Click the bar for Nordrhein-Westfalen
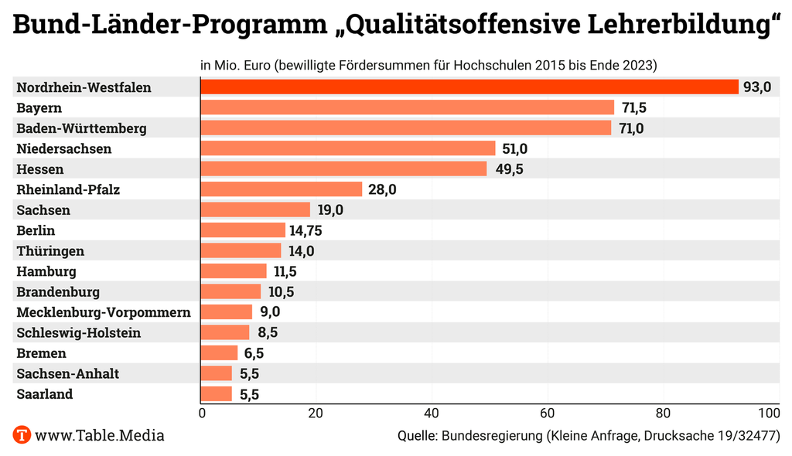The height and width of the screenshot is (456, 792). [x=469, y=87]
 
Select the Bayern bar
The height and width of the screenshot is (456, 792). [x=407, y=107]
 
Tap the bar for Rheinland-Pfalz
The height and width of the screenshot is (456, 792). [x=281, y=189]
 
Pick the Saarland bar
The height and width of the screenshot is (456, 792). [x=216, y=394]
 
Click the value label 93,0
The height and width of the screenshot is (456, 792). [x=757, y=87]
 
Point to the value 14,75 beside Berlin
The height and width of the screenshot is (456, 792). [x=307, y=230]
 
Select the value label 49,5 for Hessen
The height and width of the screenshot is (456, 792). [x=509, y=169]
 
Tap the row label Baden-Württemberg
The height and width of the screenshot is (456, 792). [x=81, y=128]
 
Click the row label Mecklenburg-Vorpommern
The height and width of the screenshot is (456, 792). [x=104, y=312]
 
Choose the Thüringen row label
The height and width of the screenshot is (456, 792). [x=50, y=251]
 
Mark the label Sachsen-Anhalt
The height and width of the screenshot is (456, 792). [x=68, y=374]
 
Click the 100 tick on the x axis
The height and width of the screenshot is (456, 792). [x=769, y=413]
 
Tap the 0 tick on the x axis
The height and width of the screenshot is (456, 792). [x=202, y=413]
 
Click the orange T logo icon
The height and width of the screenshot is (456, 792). [x=22, y=435]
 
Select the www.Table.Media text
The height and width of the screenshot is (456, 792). [x=100, y=435]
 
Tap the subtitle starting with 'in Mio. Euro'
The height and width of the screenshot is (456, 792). [x=428, y=65]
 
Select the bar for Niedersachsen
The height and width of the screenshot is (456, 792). [x=347, y=148]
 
